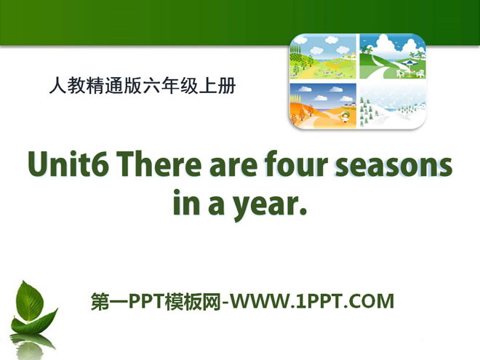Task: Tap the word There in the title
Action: [159, 164]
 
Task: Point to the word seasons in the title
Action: [393, 167]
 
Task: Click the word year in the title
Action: [264, 205]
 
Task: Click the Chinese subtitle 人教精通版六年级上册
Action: [143, 85]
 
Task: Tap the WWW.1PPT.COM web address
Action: [311, 301]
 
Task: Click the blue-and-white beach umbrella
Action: [409, 64]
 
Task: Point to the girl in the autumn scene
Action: [345, 116]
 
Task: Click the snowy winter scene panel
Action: [393, 105]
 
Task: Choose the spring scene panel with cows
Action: [323, 57]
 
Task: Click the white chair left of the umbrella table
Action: [399, 73]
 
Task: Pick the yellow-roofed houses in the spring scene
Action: [349, 55]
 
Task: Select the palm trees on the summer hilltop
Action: [417, 55]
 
